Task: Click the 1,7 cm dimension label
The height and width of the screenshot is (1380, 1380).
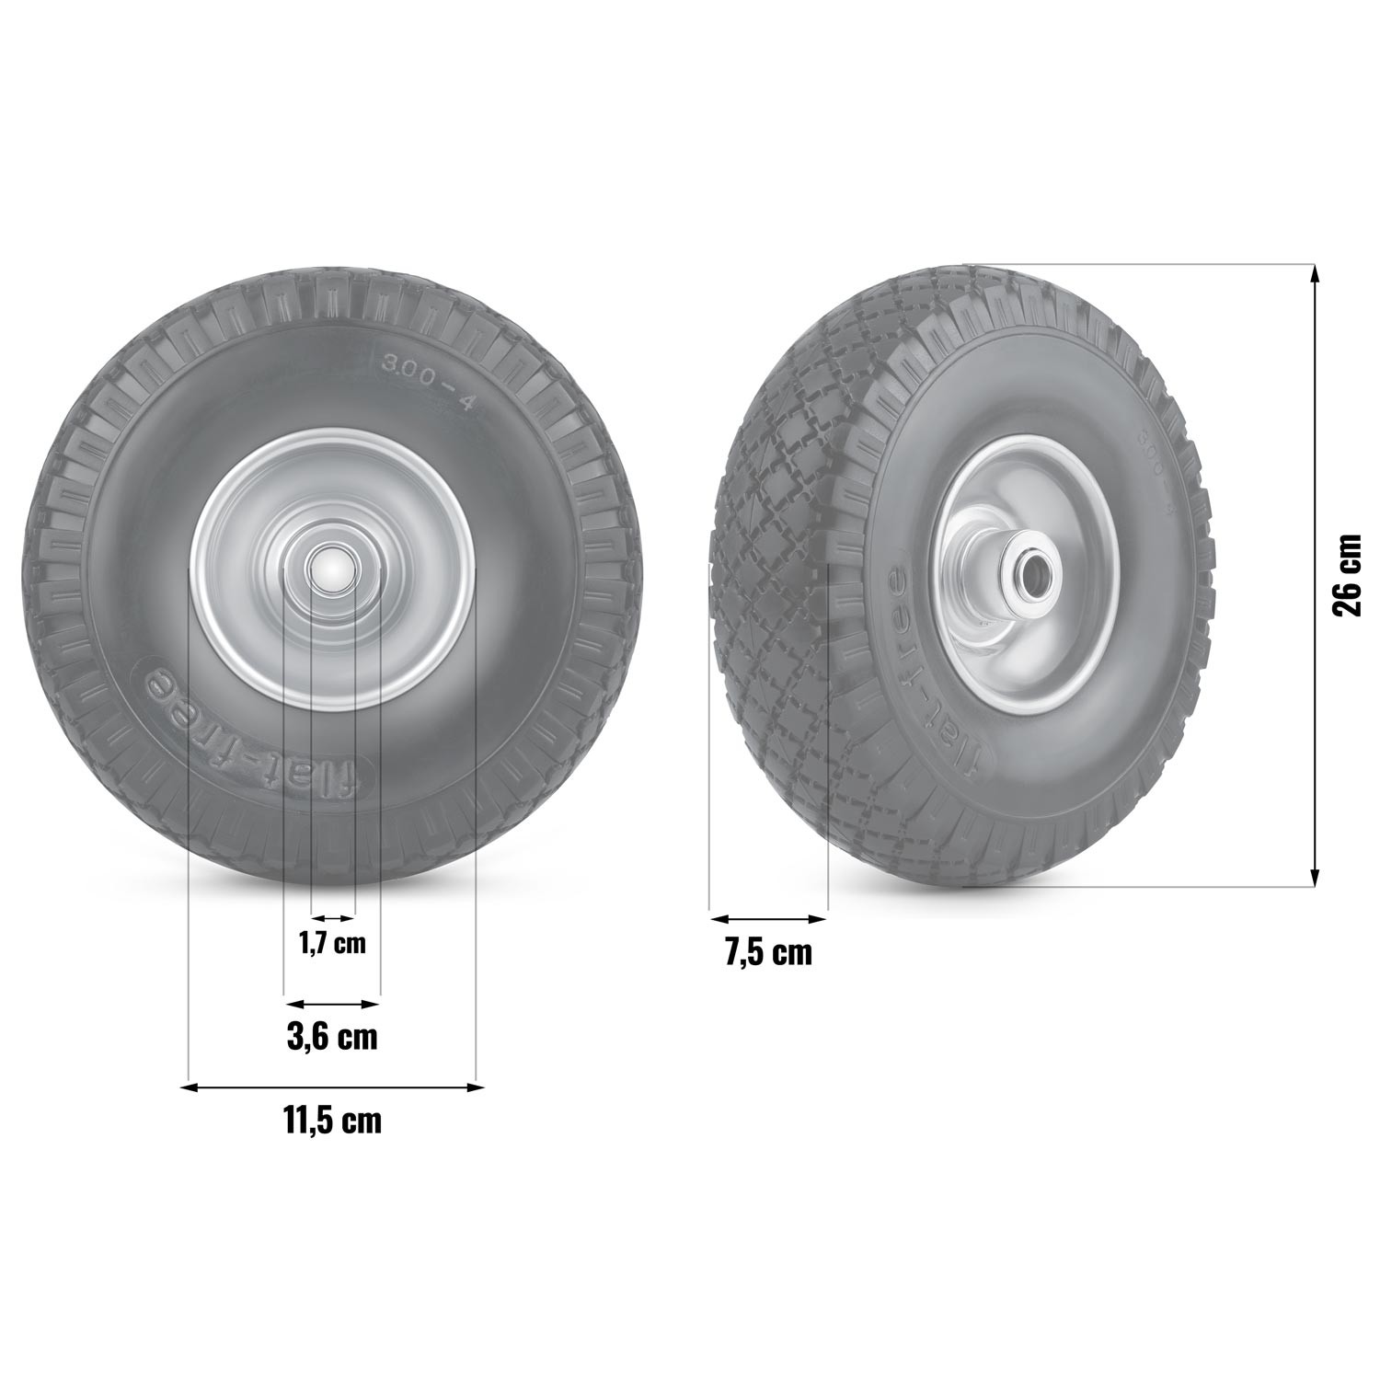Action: click(x=332, y=943)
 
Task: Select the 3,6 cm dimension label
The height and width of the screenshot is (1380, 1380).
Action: click(x=332, y=1037)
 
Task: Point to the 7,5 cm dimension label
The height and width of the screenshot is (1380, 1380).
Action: click(x=768, y=952)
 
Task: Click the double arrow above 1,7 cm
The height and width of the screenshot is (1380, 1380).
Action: click(x=332, y=917)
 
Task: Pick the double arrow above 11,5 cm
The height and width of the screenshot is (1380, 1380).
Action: click(x=332, y=1087)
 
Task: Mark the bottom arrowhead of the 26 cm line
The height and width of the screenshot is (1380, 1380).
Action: click(x=1315, y=879)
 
